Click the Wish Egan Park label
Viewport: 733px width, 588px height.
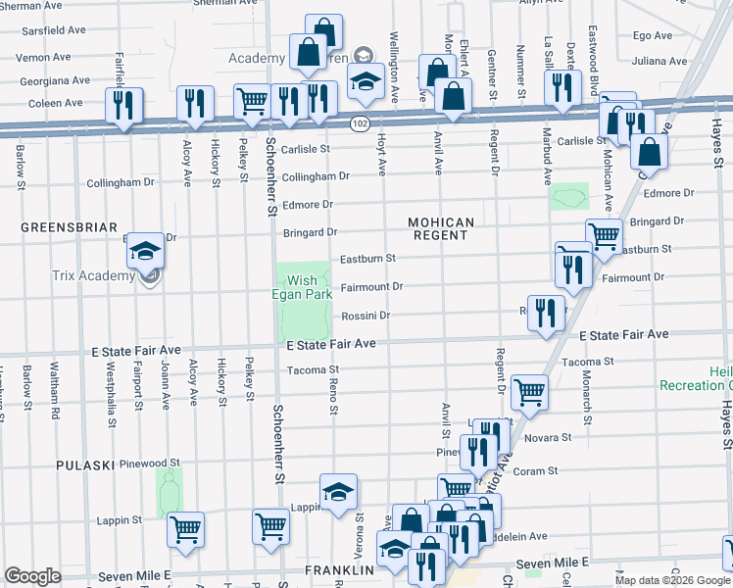pos(302,289)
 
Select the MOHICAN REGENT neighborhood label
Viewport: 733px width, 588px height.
pos(441,229)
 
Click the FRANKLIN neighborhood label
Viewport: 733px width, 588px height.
pos(339,569)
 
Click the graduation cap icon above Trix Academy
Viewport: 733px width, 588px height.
pos(145,250)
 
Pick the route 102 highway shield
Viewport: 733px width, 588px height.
pos(360,123)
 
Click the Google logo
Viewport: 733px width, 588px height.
pos(32,576)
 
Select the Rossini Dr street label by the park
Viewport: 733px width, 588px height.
pos(366,316)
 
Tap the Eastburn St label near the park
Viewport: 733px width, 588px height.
pos(366,259)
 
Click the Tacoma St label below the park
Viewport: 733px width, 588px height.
pos(313,370)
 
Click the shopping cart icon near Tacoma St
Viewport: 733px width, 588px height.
pos(529,391)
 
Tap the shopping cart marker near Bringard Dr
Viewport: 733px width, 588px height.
pos(604,235)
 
